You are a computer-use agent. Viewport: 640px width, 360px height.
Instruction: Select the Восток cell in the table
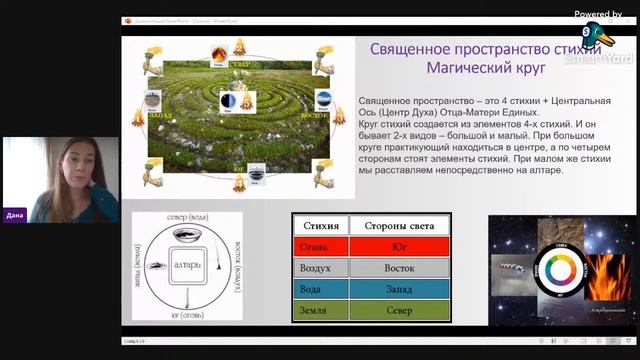point(397,268)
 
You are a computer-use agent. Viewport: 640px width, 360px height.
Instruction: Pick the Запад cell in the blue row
point(397,289)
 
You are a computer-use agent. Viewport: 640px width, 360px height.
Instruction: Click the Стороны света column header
point(397,225)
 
